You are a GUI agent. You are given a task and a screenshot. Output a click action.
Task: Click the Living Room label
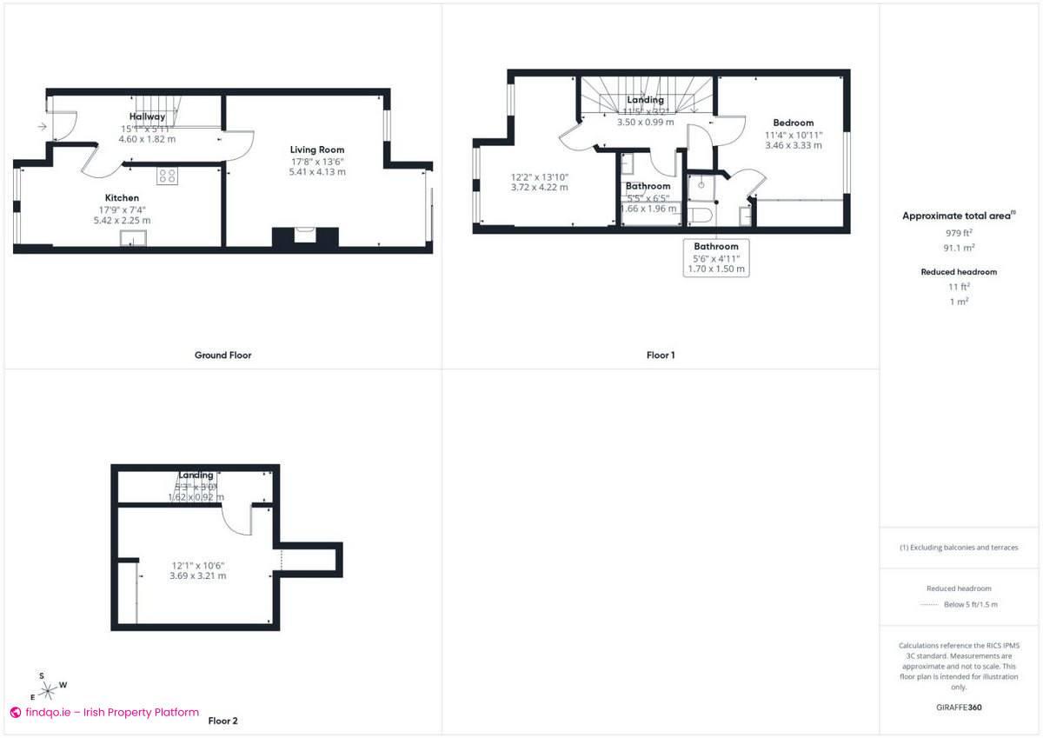pyautogui.click(x=317, y=150)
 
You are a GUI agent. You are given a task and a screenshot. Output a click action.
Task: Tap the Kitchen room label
pyautogui.click(x=122, y=198)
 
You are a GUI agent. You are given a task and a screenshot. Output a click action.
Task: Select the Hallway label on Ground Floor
pyautogui.click(x=147, y=116)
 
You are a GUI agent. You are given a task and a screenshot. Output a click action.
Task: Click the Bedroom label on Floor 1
pyautogui.click(x=793, y=123)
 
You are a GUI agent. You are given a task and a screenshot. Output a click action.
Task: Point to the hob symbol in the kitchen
pyautogui.click(x=167, y=176)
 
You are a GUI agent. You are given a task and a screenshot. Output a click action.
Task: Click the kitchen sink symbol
pyautogui.click(x=133, y=239)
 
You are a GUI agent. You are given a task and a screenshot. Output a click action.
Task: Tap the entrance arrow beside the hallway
pyautogui.click(x=43, y=127)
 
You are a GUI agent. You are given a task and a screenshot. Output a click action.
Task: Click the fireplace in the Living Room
pyautogui.click(x=304, y=237)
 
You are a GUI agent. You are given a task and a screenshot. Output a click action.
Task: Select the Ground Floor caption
pyautogui.click(x=223, y=355)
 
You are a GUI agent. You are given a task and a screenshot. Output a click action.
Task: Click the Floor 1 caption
pyautogui.click(x=660, y=355)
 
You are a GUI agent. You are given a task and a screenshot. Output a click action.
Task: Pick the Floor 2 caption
pyautogui.click(x=223, y=721)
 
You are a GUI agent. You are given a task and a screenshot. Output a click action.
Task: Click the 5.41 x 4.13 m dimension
pyautogui.click(x=317, y=172)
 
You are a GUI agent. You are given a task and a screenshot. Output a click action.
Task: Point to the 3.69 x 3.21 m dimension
pyautogui.click(x=197, y=575)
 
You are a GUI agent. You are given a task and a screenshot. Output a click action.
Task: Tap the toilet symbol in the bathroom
pyautogui.click(x=701, y=214)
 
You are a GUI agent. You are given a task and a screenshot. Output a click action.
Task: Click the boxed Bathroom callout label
pyautogui.click(x=715, y=247)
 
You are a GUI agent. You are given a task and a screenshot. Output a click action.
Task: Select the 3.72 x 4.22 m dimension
pyautogui.click(x=539, y=187)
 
